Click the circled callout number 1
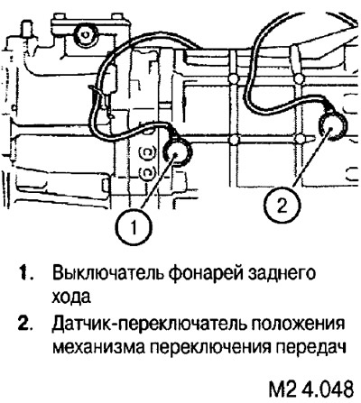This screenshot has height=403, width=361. pyautogui.click(x=134, y=227)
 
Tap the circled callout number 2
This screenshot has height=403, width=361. pyautogui.click(x=282, y=206)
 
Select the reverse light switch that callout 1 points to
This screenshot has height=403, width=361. pyautogui.click(x=178, y=151)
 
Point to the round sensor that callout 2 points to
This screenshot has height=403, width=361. pyautogui.click(x=332, y=127)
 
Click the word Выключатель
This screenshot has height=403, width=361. pyautogui.click(x=106, y=273)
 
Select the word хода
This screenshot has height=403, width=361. pyautogui.click(x=71, y=297)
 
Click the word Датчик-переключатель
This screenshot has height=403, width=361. pyautogui.click(x=148, y=325)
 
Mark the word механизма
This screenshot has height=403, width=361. pyautogui.click(x=98, y=349)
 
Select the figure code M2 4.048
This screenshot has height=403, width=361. pyautogui.click(x=310, y=389)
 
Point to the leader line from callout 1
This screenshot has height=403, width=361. pyautogui.click(x=158, y=182)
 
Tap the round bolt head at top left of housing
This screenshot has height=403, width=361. pyautogui.click(x=86, y=34)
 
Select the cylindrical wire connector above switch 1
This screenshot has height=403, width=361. pyautogui.click(x=113, y=78)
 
